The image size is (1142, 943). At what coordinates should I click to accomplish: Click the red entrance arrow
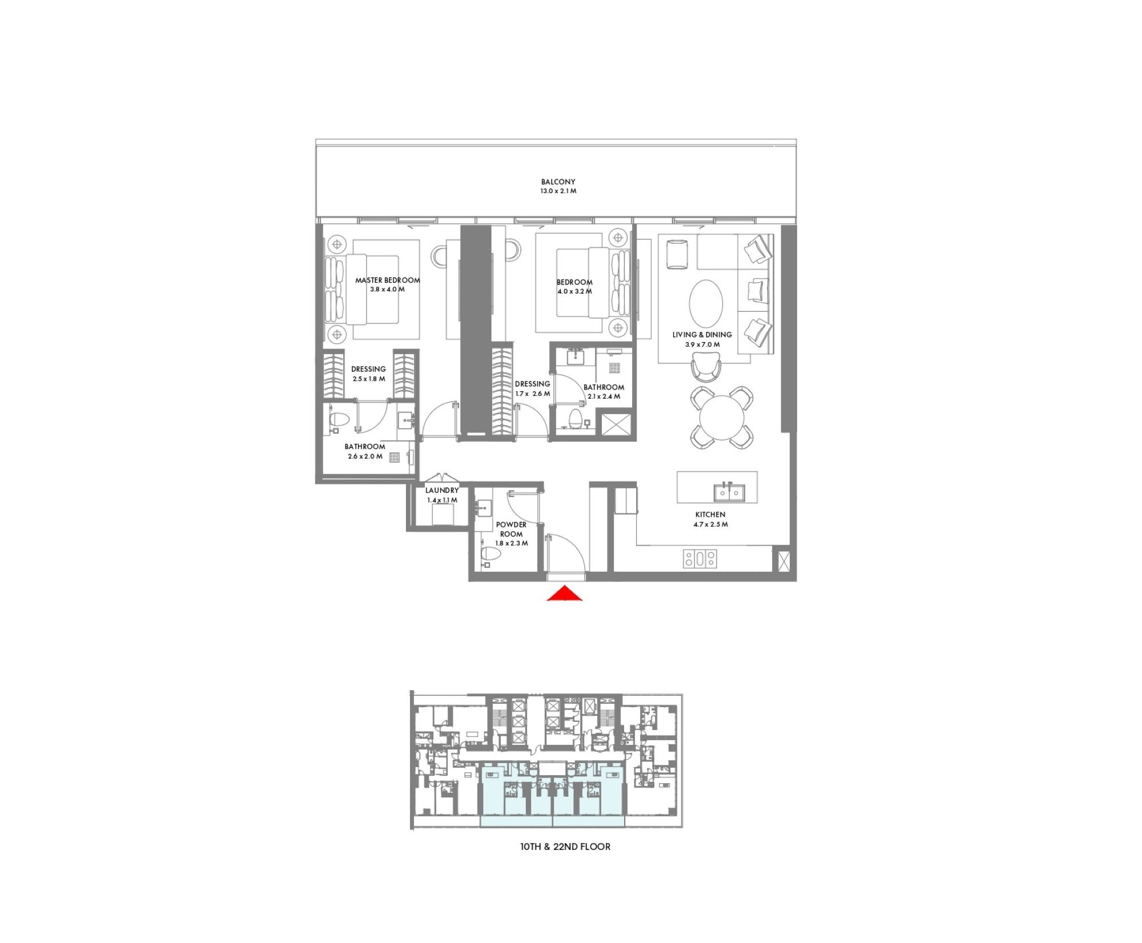564,594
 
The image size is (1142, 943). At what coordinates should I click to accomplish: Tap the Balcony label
558,182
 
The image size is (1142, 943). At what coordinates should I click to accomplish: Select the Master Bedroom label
387,280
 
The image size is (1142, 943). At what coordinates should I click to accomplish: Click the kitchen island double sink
728,492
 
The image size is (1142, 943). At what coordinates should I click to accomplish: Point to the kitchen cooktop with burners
699,559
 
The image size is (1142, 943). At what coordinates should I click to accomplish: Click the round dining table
722,417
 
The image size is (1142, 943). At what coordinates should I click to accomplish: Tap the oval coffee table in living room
706,303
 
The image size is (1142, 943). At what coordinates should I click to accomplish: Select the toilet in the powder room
489,555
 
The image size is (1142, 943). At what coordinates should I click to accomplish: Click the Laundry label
441,490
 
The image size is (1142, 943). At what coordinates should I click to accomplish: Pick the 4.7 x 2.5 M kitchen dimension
710,524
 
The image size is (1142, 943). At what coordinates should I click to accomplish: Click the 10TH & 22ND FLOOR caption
565,846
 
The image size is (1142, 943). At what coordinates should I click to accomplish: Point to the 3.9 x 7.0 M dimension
702,344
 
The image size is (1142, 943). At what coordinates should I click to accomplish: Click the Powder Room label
511,529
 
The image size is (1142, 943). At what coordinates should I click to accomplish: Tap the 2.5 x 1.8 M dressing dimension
368,379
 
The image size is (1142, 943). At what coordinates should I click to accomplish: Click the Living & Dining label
702,335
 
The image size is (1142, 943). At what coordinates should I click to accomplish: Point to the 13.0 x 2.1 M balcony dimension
558,191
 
